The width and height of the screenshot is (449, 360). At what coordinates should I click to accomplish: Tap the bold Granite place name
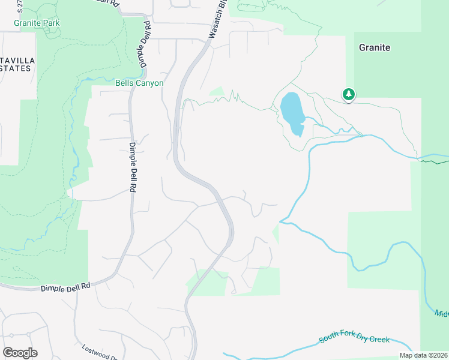375,47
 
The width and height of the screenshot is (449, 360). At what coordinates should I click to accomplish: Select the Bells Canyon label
139,83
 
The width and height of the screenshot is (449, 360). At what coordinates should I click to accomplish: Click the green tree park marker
348,94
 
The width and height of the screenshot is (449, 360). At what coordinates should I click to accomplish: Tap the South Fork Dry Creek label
354,340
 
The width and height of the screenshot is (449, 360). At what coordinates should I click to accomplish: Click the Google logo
20,353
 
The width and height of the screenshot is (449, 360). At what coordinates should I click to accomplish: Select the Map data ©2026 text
423,355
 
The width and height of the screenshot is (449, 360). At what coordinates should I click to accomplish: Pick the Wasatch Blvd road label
217,20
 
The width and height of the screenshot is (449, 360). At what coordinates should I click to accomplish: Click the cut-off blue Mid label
441,313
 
